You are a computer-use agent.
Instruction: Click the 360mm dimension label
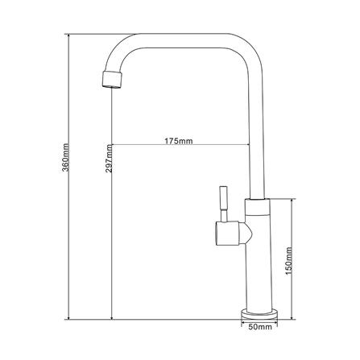point(66,157)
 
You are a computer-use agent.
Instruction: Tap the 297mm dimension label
point(109,158)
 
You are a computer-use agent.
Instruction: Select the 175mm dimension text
point(179,141)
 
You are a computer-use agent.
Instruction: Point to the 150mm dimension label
point(289,261)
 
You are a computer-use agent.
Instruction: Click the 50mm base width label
point(260,327)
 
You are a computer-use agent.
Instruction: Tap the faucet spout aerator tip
point(112,79)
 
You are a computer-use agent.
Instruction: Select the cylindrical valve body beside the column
point(227,234)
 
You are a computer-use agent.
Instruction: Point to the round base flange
point(259,314)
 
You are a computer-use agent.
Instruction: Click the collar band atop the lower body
point(257,207)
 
